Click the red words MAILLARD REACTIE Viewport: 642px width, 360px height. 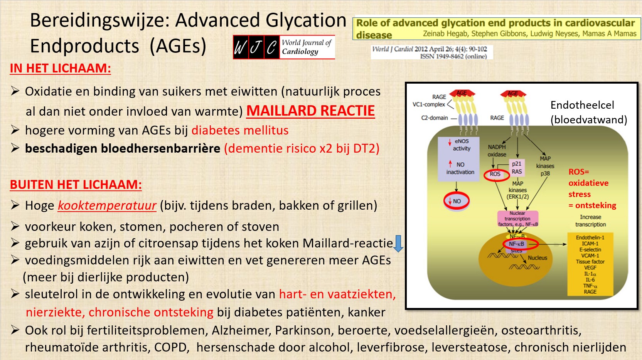[x=310, y=111]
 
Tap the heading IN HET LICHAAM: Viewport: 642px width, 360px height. [x=60, y=69]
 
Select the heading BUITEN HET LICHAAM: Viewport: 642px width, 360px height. [x=76, y=185]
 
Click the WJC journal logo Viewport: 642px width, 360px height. [x=284, y=47]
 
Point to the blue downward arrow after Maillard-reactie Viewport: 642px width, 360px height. [x=398, y=244]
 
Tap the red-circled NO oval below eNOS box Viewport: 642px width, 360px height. [x=457, y=201]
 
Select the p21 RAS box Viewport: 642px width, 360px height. [x=517, y=168]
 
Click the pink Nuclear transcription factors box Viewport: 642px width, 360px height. [x=517, y=219]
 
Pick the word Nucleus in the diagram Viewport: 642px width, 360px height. [x=538, y=258]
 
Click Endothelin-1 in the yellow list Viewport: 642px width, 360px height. [x=590, y=238]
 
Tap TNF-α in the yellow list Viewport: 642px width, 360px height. [x=590, y=286]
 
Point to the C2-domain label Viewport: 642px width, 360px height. [x=435, y=118]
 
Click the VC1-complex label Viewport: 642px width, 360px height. [x=429, y=104]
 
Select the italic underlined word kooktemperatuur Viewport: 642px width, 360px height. [x=107, y=206]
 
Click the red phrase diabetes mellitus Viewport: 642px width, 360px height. [x=240, y=130]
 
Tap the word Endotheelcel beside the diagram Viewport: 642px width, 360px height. [x=582, y=105]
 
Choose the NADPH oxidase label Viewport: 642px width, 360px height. [x=497, y=151]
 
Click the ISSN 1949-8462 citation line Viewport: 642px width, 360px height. [x=453, y=56]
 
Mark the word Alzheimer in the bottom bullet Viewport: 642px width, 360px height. [x=241, y=330]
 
